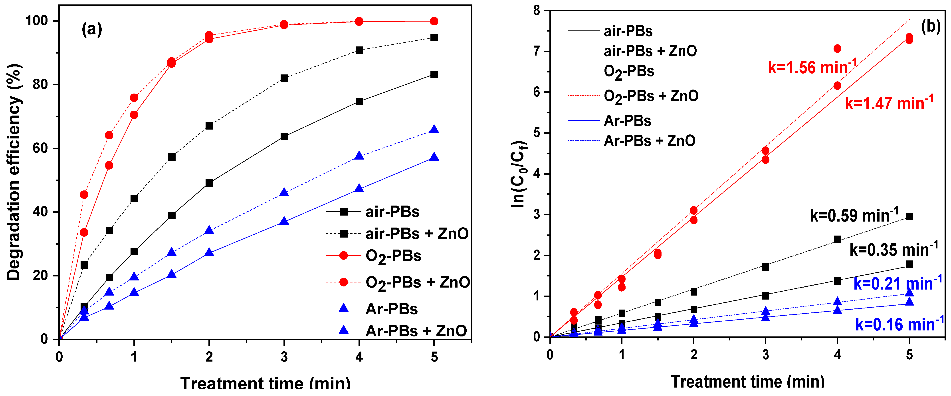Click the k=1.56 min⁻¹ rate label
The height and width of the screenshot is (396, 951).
point(812,67)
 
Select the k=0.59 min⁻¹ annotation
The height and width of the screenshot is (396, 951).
point(854,215)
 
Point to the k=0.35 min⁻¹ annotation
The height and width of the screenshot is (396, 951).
point(894,250)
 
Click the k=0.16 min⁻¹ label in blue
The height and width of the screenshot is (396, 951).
point(899,324)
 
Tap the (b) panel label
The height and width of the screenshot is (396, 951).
point(931,27)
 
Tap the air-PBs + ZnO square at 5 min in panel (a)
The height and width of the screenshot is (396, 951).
point(434,38)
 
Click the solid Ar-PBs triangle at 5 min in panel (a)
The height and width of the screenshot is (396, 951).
point(434,157)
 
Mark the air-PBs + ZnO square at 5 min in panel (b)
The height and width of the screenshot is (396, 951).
point(909,216)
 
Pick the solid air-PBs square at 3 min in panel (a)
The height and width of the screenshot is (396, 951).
point(284,137)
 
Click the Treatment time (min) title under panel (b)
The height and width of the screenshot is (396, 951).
point(748,382)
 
